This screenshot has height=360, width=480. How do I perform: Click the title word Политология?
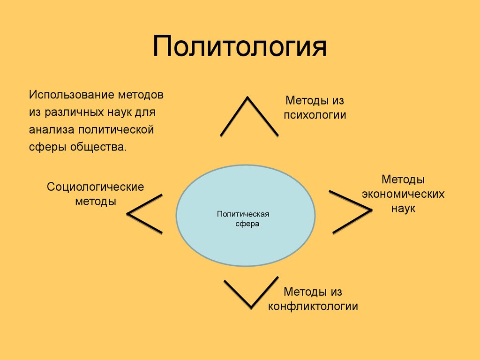pyautogui.click(x=240, y=46)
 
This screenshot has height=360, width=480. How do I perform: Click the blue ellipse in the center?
pyautogui.click(x=246, y=216)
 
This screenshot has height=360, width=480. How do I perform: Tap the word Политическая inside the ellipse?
pyautogui.click(x=243, y=214)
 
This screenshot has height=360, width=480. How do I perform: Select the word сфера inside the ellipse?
pyautogui.click(x=247, y=224)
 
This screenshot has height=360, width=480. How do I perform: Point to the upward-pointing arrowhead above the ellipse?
pyautogui.click(x=247, y=98)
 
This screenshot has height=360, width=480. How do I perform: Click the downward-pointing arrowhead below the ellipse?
pyautogui.click(x=251, y=307)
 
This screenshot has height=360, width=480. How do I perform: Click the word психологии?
pyautogui.click(x=315, y=115)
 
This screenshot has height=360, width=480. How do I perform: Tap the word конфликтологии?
pyautogui.click(x=313, y=306)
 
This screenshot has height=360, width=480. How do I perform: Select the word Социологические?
pyautogui.click(x=95, y=187)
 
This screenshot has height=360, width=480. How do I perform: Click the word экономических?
pyautogui.click(x=403, y=194)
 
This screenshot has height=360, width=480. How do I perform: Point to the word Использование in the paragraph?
pyautogui.click(x=71, y=95)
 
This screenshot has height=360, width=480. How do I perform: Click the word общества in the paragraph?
pyautogui.click(x=98, y=147)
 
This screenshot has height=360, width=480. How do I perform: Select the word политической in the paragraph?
pyautogui.click(x=116, y=130)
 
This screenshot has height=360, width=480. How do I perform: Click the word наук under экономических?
pyautogui.click(x=403, y=209)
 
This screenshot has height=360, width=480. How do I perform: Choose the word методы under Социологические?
pyautogui.click(x=96, y=202)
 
